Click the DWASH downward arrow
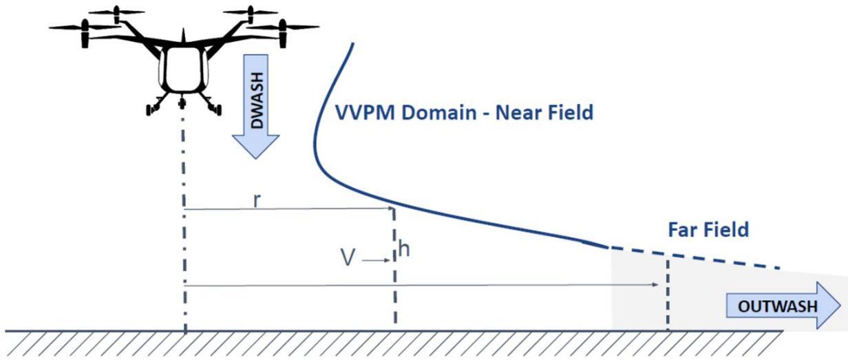(x=256, y=107)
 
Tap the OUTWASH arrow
(x=783, y=306)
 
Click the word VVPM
(x=365, y=113)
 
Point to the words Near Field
(x=544, y=113)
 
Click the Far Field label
(x=708, y=229)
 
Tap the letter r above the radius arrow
(x=257, y=200)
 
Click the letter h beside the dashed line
(x=404, y=249)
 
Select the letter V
(x=348, y=257)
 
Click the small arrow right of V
(x=376, y=260)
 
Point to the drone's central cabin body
(x=183, y=70)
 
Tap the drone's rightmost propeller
(x=282, y=28)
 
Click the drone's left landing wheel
(x=150, y=109)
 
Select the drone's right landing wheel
(x=217, y=109)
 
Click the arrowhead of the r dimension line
(x=391, y=208)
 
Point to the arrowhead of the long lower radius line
(x=655, y=284)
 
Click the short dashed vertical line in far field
(x=668, y=295)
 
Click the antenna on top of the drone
(x=183, y=35)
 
